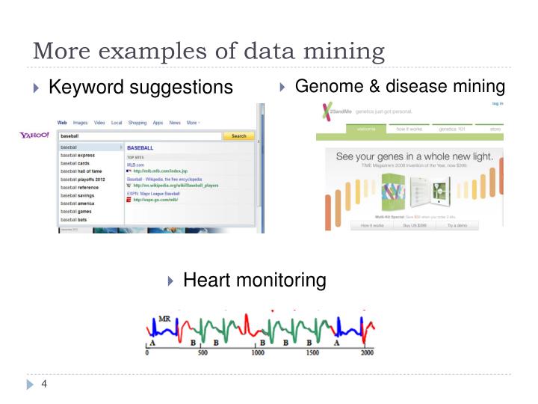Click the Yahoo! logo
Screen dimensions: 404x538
pyautogui.click(x=34, y=135)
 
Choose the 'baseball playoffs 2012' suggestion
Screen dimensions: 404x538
pyautogui.click(x=82, y=180)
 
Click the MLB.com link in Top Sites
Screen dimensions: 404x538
pyautogui.click(x=135, y=165)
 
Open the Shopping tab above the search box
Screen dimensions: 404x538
pyautogui.click(x=137, y=123)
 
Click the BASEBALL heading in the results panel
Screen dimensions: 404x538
pyautogui.click(x=140, y=148)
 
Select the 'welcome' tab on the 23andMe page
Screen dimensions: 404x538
pyautogui.click(x=366, y=129)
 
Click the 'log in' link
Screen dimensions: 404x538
pyautogui.click(x=497, y=103)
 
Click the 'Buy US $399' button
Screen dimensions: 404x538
pyautogui.click(x=414, y=225)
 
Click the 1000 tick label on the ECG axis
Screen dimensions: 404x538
pyautogui.click(x=258, y=352)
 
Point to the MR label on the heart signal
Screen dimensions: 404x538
pyautogui.click(x=164, y=319)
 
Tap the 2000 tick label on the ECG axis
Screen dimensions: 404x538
pyautogui.click(x=367, y=352)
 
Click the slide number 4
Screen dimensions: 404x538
pyautogui.click(x=45, y=385)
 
